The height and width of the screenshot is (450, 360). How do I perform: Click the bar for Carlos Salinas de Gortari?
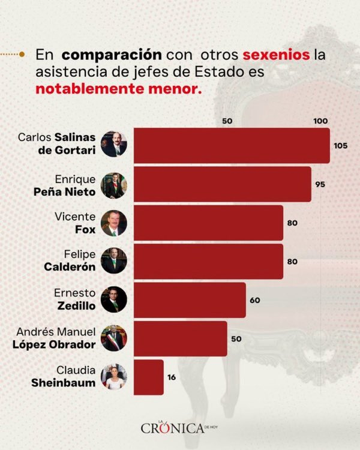[x=231, y=145]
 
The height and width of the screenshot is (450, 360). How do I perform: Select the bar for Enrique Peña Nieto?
[x=222, y=184]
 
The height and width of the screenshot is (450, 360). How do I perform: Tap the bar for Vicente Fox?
[x=208, y=223]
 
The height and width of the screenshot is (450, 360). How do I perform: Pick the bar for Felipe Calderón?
[x=208, y=261]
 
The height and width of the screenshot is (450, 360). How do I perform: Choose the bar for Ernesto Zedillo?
[x=189, y=299]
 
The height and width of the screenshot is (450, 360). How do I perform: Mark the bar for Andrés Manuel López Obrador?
[x=180, y=338]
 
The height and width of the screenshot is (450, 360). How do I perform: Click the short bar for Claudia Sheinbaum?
[x=148, y=377]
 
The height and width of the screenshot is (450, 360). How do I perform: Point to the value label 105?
[x=340, y=146]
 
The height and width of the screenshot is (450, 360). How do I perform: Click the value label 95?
[x=320, y=184]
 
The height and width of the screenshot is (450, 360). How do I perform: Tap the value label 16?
[x=172, y=377]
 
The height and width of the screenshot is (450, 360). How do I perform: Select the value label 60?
[x=254, y=300]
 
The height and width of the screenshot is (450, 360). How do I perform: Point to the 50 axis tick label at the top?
[x=227, y=121]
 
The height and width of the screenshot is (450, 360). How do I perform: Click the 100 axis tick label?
[x=320, y=121]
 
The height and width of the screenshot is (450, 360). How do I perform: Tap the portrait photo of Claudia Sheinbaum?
[x=113, y=376]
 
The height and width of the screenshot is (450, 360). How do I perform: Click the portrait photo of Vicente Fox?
[x=113, y=222]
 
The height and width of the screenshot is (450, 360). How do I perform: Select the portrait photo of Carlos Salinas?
[x=113, y=144]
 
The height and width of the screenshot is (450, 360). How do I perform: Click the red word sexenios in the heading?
[x=276, y=55]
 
